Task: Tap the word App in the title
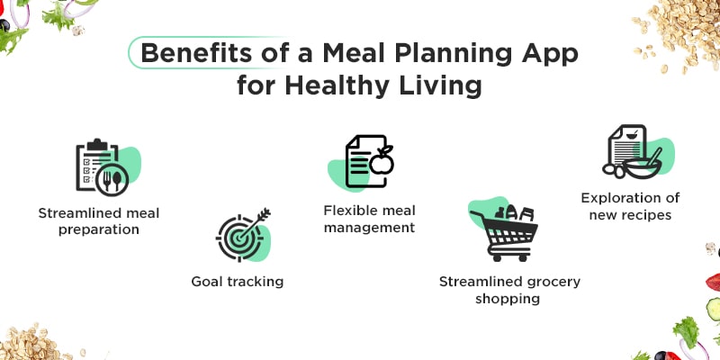[x=550, y=52]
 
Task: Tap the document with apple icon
[x=369, y=162]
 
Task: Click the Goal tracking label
[x=238, y=282]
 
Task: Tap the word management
[x=369, y=228]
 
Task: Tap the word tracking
[x=255, y=282]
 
